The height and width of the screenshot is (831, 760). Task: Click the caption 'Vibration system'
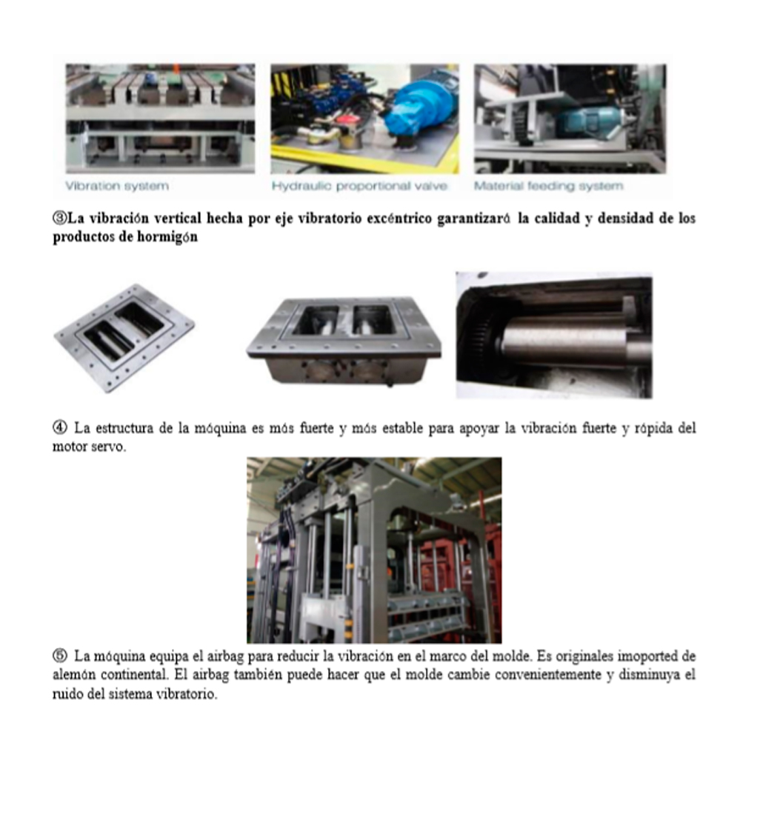117,186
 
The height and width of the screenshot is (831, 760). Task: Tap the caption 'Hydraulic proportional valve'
359,186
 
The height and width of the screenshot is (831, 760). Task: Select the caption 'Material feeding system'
549,186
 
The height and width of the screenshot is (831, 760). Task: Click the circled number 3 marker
59,218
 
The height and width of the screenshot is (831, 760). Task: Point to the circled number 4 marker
59,427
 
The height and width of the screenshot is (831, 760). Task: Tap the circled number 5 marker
59,655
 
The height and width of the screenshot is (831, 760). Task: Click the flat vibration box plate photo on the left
124,338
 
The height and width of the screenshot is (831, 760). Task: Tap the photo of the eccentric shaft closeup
554,335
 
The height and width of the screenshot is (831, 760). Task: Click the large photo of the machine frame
374,550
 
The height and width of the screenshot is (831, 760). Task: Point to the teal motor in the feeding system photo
587,122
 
